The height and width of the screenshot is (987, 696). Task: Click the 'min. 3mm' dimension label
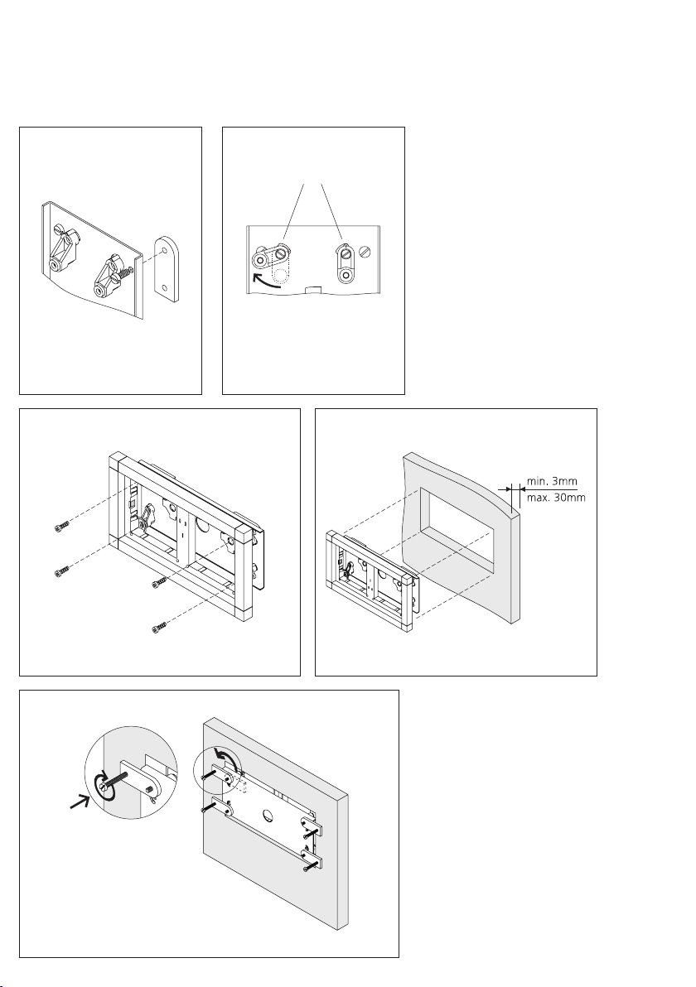point(552,482)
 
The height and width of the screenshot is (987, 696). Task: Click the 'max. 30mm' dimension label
point(556,498)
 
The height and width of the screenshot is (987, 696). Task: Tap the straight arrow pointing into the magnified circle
point(80,803)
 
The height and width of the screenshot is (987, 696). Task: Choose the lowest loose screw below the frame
point(160,628)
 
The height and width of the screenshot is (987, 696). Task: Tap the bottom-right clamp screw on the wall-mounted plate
point(306,868)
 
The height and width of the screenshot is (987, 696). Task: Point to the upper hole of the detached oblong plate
point(165,250)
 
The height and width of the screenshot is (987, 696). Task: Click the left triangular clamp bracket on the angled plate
point(64,249)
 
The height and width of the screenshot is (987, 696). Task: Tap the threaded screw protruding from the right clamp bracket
point(128,272)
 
